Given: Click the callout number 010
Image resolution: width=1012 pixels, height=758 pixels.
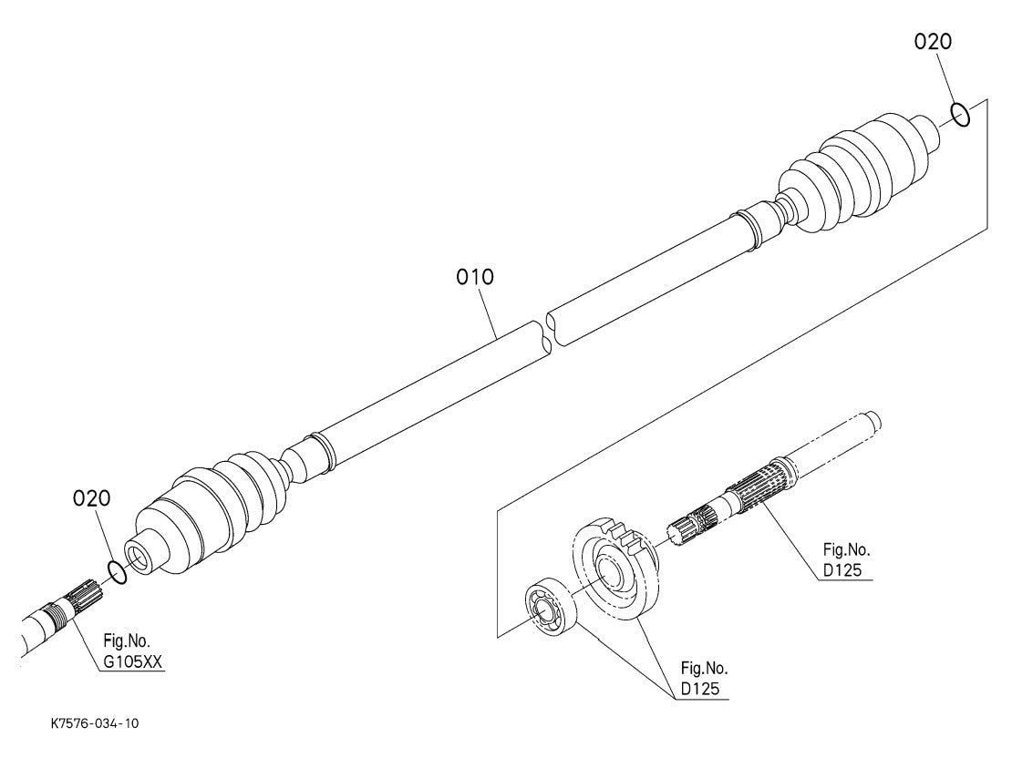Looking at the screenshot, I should click(x=475, y=277).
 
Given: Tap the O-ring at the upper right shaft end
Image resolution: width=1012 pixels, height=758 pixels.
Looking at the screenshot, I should click(x=959, y=115).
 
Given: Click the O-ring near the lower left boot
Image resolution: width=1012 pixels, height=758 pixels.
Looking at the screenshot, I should click(x=116, y=571).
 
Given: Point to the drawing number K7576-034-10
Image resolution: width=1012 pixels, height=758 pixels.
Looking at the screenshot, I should click(x=95, y=724).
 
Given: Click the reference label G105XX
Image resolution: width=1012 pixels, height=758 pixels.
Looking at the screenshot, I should click(x=132, y=664).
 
